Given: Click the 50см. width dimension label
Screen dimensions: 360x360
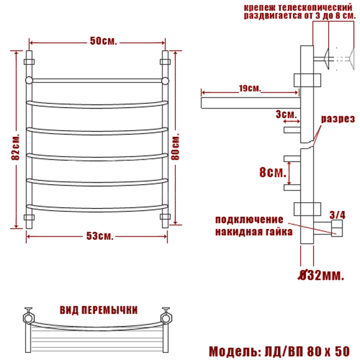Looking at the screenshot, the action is coord(103,41).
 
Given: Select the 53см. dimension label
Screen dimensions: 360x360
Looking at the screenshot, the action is coord(100,236).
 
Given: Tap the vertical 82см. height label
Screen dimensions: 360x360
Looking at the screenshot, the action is coord(16,146).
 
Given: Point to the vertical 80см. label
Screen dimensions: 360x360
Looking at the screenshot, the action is coord(175,146).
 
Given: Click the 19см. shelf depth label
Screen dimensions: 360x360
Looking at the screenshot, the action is coord(250,88).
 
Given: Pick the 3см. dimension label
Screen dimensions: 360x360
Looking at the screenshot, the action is coord(286,114).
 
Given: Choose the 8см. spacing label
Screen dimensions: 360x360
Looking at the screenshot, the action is coord(273,172).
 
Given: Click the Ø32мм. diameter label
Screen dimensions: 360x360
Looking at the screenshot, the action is coord(321,275).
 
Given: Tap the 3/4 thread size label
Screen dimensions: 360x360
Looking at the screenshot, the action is coord(337,215).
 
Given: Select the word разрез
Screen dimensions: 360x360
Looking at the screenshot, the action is coord(338,119).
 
